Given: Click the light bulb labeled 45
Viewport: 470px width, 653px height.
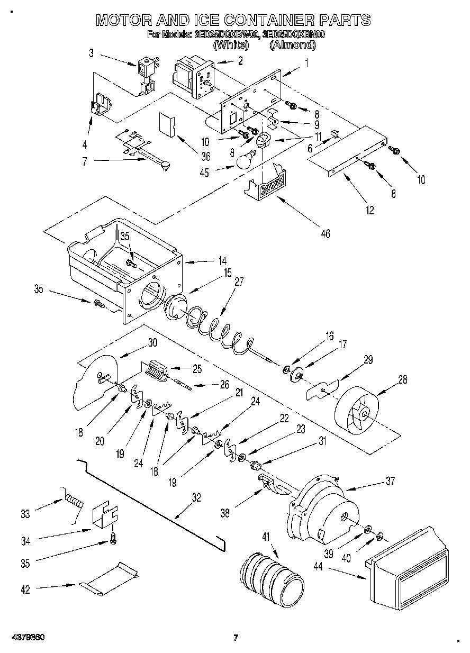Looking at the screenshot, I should [x=245, y=159].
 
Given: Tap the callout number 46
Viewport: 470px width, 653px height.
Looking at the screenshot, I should [x=326, y=233].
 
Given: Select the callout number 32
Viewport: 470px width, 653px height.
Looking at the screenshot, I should [x=196, y=497].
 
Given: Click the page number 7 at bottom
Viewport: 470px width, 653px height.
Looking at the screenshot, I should [x=236, y=638].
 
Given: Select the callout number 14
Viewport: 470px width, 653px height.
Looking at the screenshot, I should [x=222, y=260].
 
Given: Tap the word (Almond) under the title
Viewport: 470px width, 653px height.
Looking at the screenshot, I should [x=292, y=45].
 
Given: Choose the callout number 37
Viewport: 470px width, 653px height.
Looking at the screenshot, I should [x=390, y=481].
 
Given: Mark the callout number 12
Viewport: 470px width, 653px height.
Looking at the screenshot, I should [x=369, y=210].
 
